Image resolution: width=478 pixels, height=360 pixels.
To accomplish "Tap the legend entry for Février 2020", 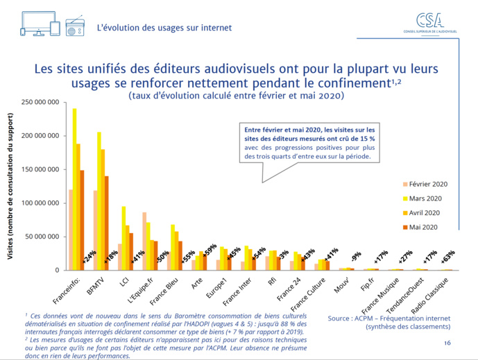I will (x=427, y=185).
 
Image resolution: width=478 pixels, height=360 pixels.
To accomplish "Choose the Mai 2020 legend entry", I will (x=423, y=226).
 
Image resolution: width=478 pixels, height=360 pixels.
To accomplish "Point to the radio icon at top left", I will (x=75, y=27).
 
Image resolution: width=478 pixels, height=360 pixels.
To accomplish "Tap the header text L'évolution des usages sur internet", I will (x=164, y=28).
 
